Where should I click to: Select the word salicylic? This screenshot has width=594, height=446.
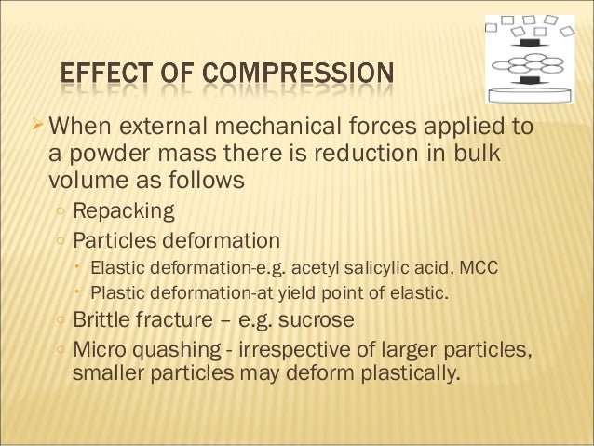(x=377, y=268)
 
